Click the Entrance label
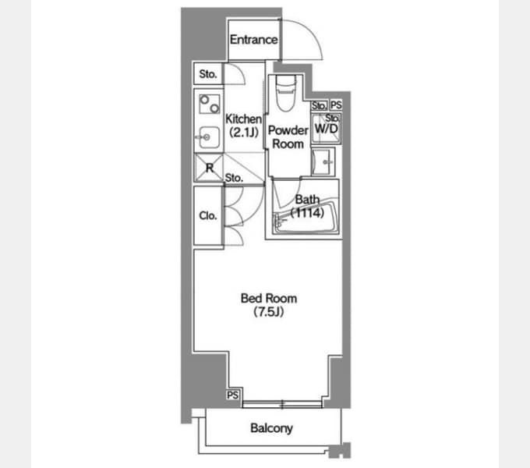(x=254, y=40)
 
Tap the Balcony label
(x=271, y=428)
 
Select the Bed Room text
(x=269, y=298)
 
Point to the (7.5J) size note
(x=269, y=312)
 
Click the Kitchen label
(x=243, y=119)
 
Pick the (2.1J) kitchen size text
(x=244, y=133)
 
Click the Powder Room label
(x=288, y=137)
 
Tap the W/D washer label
(x=326, y=129)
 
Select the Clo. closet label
(x=208, y=215)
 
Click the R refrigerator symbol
(x=209, y=168)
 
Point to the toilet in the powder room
(x=285, y=93)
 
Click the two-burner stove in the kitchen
(x=209, y=104)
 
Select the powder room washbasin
(x=323, y=162)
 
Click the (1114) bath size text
(x=307, y=213)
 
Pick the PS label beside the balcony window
(x=232, y=395)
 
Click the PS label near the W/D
(x=336, y=105)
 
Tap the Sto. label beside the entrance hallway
(x=207, y=74)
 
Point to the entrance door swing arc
(x=309, y=30)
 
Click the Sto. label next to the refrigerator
(x=234, y=178)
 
